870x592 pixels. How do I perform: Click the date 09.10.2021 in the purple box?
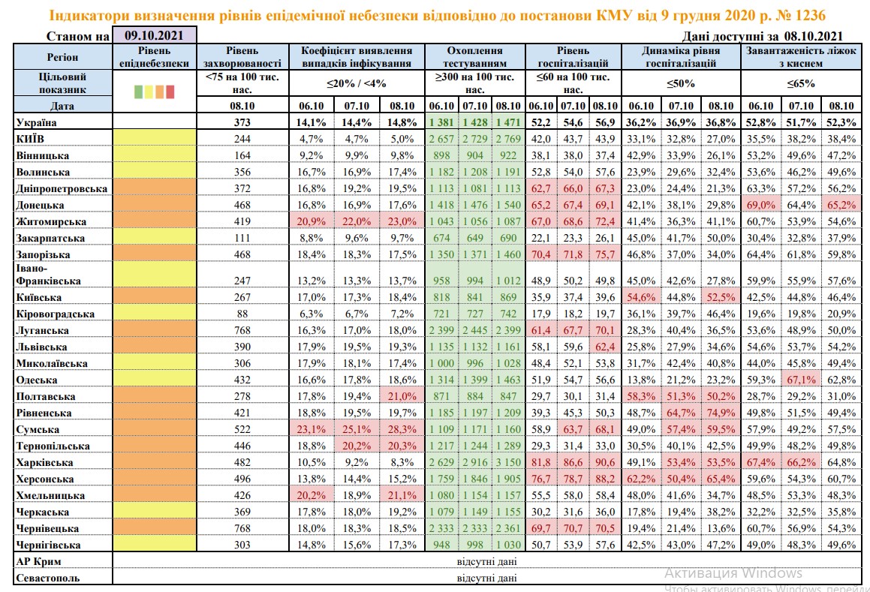click(154, 35)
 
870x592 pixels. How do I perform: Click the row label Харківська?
click(45, 463)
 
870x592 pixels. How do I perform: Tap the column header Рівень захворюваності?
click(242, 57)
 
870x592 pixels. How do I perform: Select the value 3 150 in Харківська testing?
click(510, 463)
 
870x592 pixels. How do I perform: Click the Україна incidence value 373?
click(242, 122)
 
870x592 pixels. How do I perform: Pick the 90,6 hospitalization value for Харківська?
click(605, 463)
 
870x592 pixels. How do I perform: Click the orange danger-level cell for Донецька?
click(154, 205)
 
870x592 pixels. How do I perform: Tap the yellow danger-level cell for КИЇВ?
click(154, 139)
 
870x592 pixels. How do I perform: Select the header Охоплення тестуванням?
click(474, 57)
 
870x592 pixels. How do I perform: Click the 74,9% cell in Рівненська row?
click(721, 413)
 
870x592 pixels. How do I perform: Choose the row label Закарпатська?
click(50, 238)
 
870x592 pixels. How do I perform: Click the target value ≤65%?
click(801, 83)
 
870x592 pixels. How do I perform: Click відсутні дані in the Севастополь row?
click(486, 578)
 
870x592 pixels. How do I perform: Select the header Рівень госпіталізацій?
click(572, 57)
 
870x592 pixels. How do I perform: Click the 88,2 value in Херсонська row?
click(605, 479)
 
